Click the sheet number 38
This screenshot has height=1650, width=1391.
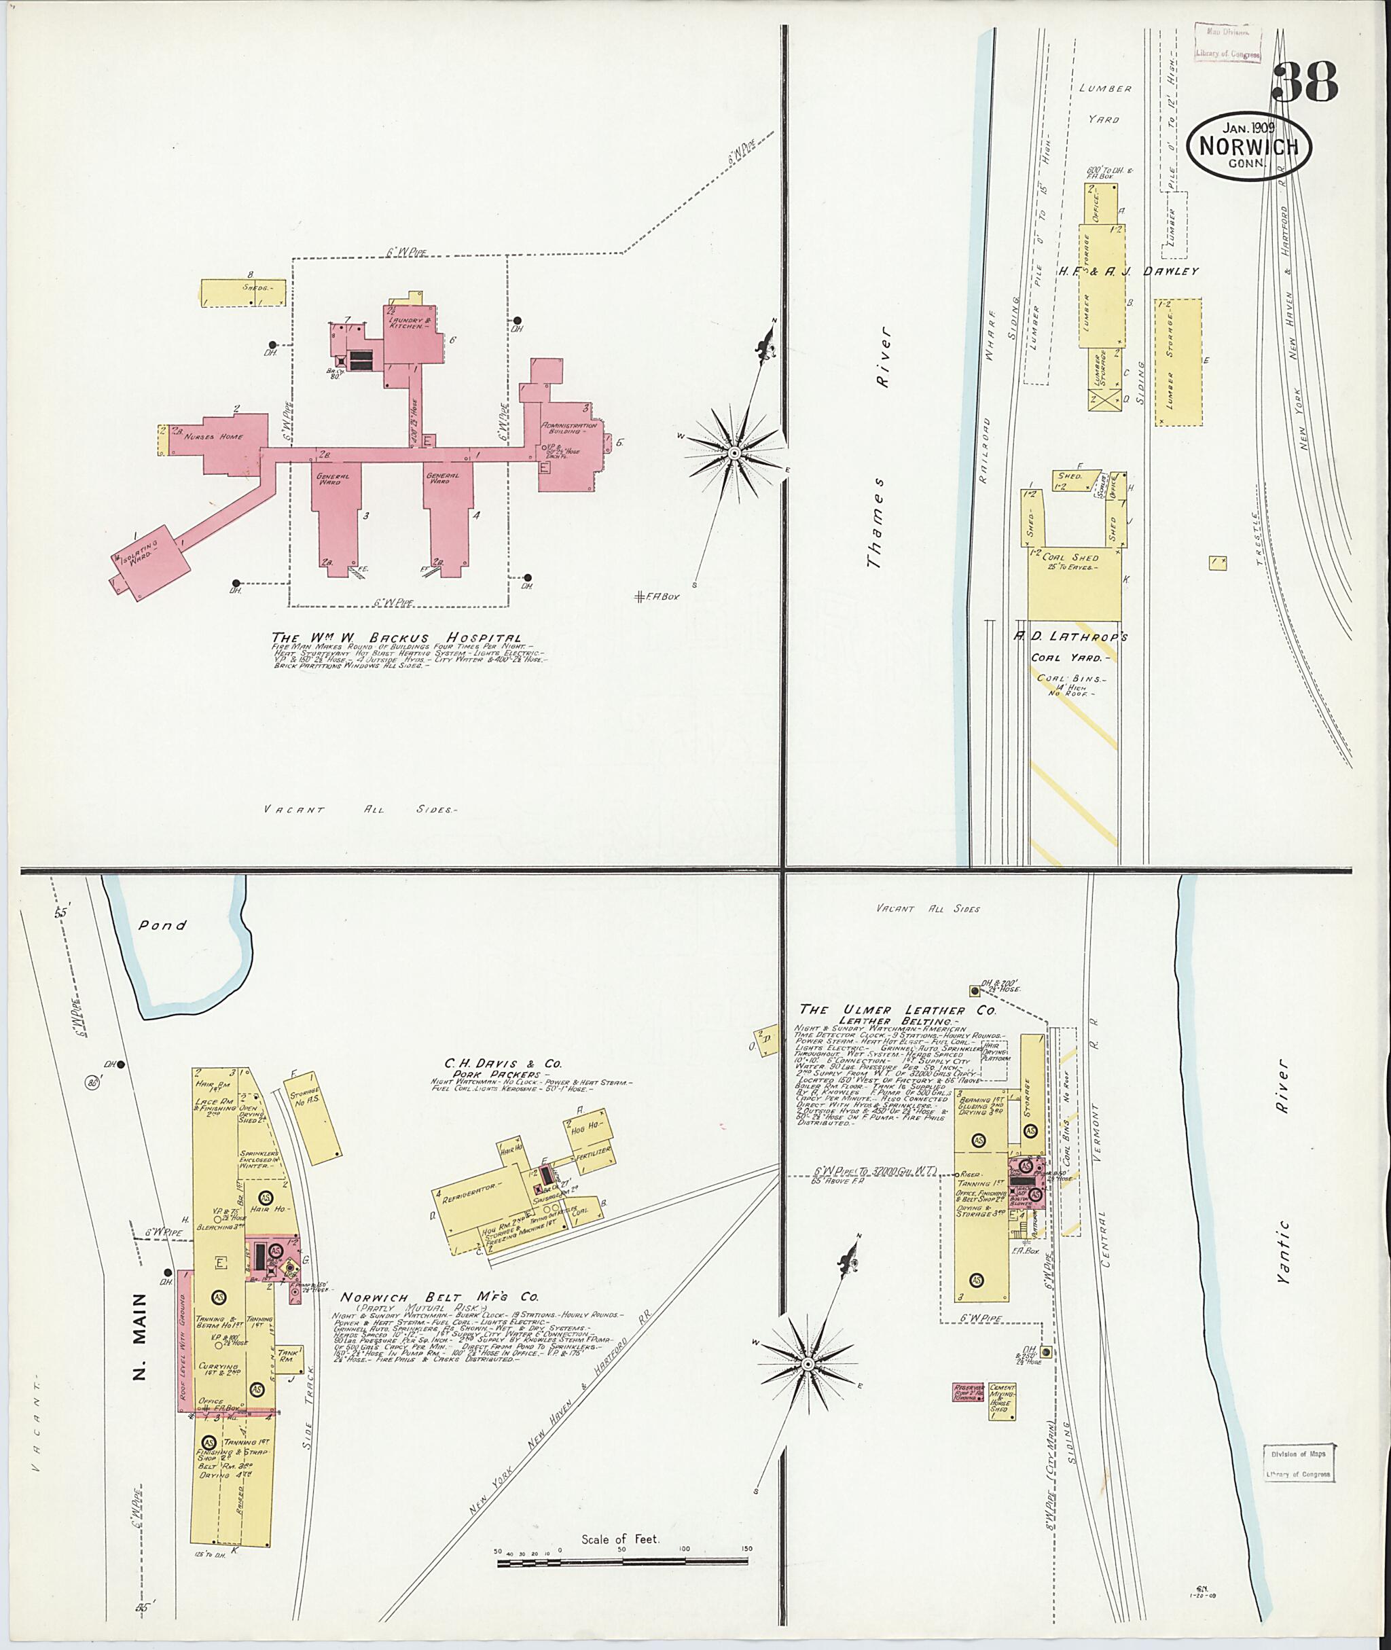click(1305, 83)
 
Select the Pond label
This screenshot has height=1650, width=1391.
click(162, 925)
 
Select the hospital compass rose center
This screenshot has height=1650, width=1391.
click(734, 452)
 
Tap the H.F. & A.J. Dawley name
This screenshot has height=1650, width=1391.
click(1127, 271)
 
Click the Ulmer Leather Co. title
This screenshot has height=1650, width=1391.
click(897, 1009)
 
